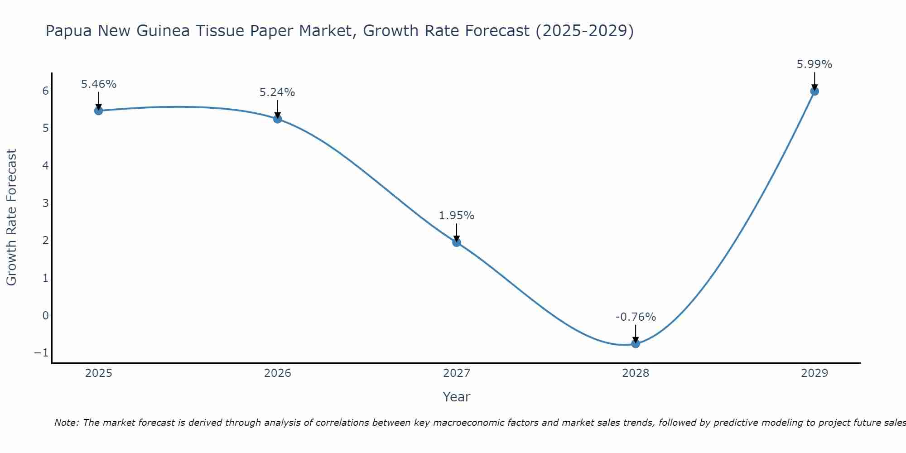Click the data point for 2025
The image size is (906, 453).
click(99, 111)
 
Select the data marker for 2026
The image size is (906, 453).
click(278, 119)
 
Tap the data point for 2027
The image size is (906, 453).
click(457, 242)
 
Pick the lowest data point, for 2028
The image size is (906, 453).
click(636, 344)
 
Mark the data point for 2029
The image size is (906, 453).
click(814, 91)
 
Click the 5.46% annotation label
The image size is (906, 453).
click(99, 84)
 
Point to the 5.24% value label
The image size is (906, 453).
click(277, 92)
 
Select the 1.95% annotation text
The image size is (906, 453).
click(457, 216)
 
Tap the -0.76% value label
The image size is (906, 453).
click(636, 317)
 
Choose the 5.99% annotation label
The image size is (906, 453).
click(814, 64)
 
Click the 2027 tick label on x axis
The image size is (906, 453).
click(457, 373)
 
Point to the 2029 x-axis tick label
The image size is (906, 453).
click(814, 373)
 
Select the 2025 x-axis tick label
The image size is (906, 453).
click(99, 373)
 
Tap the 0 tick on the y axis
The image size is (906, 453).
click(45, 315)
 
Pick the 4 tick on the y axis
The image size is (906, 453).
click(45, 165)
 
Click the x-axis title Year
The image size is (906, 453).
click(457, 397)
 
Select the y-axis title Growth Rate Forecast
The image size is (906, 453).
click(12, 217)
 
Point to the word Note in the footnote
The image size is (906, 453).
click(66, 423)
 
